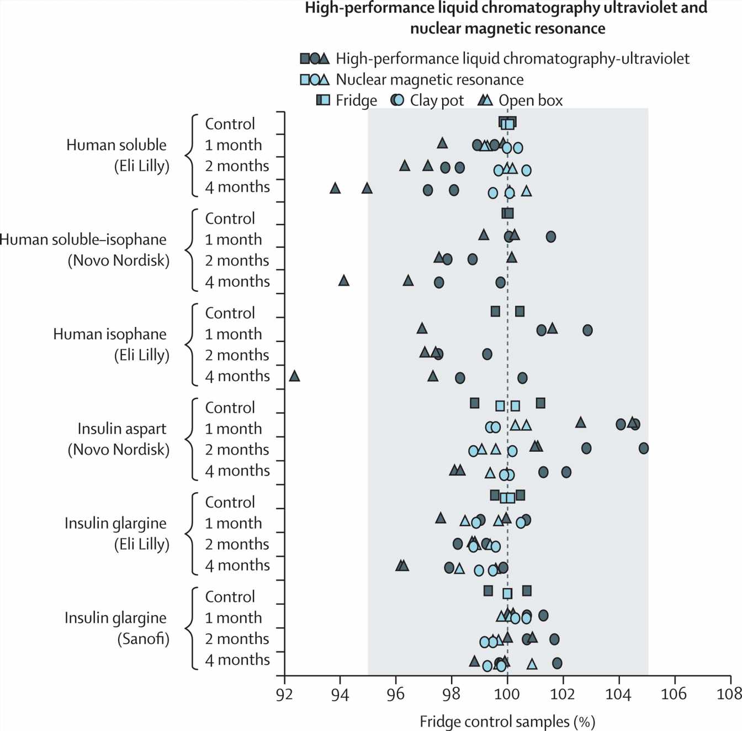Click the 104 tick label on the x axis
pos(618,694)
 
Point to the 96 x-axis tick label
pos(396,694)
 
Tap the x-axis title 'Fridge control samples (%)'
pos(507,721)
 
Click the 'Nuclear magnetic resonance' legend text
pos(430,79)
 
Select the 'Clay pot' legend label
pos(437,100)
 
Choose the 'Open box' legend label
pos(531,100)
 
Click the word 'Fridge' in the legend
pos(356,100)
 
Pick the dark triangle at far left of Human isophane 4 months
pos(294,376)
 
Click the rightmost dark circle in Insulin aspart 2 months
pos(643,448)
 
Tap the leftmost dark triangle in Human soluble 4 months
pos(335,188)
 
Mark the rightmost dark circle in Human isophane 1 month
pos(587,330)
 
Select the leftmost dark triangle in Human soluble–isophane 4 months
pos(343,281)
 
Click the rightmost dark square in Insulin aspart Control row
pos(540,403)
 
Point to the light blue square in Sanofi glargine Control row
pos(507,594)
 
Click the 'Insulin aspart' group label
pos(121,429)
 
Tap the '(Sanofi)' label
pos(143,639)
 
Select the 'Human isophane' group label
pos(109,334)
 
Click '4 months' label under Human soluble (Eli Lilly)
pos(237,187)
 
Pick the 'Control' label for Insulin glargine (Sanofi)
pos(230,597)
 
